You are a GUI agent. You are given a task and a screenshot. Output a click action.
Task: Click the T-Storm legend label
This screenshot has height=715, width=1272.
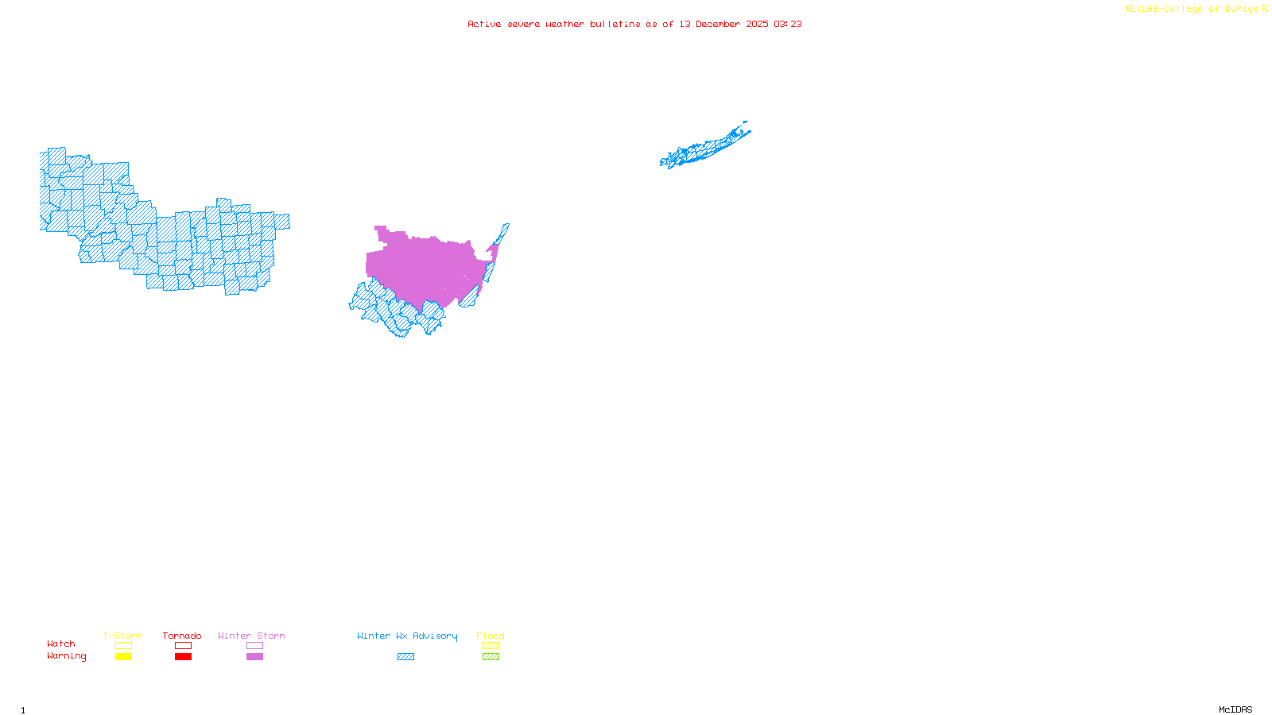coord(122,636)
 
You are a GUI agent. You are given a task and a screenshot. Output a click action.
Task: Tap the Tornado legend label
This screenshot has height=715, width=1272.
coord(182,636)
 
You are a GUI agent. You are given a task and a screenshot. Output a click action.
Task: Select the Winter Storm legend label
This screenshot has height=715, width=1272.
coord(251,636)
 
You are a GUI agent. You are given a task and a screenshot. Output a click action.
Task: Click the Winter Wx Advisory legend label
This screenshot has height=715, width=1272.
coord(407,636)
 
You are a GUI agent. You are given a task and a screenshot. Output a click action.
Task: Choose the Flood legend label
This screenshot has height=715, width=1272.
coord(491,636)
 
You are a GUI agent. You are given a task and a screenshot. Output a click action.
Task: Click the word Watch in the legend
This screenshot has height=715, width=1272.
coord(61,643)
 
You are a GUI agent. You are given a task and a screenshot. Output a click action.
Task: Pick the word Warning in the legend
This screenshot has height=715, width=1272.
coord(67,656)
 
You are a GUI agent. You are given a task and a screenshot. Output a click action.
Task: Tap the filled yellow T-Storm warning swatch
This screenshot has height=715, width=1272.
coord(123,657)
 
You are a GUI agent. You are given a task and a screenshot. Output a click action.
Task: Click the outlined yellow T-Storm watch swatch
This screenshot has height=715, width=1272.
coord(123,646)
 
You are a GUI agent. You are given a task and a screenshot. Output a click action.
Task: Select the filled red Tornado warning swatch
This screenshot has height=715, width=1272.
coord(183,657)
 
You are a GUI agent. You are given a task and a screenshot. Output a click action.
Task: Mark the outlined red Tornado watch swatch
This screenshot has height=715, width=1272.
coord(183,646)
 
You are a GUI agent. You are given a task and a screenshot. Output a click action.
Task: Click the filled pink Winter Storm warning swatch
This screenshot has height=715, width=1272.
coord(254,657)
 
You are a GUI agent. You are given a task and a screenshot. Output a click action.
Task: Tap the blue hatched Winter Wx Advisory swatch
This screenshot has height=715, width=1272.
coord(405,657)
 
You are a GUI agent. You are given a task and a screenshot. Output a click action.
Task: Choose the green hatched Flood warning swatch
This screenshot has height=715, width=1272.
coord(491,657)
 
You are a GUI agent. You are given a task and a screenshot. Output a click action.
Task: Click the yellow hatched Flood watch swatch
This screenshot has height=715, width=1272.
coord(491,646)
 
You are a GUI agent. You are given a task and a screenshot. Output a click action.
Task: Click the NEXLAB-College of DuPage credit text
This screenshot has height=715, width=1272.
coord(1196,10)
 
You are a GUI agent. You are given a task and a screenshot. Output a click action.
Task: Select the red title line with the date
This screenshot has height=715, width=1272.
coord(634,24)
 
